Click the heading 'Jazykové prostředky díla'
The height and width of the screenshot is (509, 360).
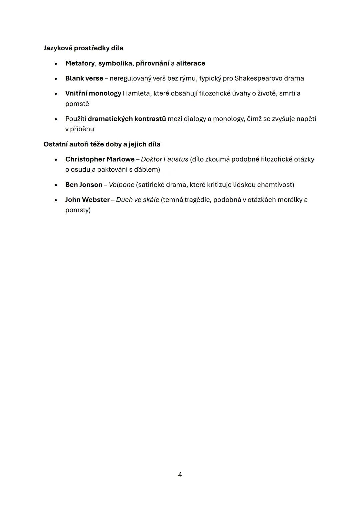[83, 48]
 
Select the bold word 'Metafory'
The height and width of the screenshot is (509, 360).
[80, 63]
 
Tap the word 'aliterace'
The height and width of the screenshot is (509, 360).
[191, 63]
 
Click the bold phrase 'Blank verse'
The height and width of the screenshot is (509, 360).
[84, 78]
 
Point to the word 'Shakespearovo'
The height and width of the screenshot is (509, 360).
[258, 78]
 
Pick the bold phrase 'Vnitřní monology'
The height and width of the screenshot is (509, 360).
[93, 93]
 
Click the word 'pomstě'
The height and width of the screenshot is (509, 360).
[77, 104]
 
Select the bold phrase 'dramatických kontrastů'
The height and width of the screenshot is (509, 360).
[127, 119]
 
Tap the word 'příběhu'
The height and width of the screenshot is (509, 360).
[82, 129]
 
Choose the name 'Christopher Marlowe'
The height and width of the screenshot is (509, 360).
[100, 159]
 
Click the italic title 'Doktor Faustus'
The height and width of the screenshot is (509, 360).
[165, 159]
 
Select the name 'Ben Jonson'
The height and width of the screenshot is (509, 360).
[84, 185]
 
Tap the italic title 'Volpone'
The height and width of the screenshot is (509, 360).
[122, 185]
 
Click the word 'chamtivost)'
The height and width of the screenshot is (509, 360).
[276, 185]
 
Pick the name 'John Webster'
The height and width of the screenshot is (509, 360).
[87, 200]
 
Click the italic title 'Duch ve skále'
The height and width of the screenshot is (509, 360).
[138, 200]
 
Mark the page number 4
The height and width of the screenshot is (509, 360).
[180, 474]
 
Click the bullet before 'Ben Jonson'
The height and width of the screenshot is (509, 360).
[56, 185]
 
